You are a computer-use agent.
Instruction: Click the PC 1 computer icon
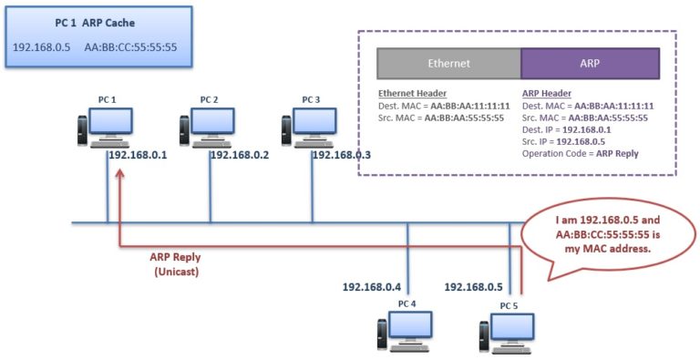[106, 128]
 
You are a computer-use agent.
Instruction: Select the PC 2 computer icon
[209, 128]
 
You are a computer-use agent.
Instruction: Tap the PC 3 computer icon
[311, 128]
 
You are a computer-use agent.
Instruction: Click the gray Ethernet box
[448, 64]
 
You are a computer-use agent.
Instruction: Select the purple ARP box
[589, 64]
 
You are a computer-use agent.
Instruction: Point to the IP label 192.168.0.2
[240, 156]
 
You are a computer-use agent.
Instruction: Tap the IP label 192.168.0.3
[342, 156]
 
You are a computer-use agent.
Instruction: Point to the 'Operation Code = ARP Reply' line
[580, 153]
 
